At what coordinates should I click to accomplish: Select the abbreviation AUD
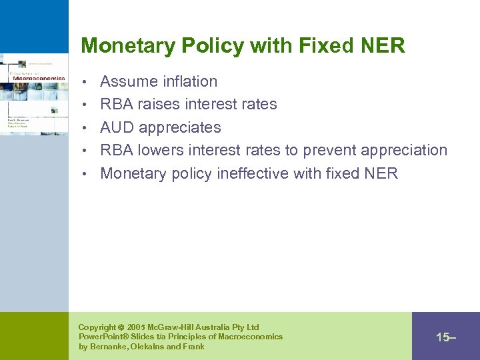pyautogui.click(x=117, y=127)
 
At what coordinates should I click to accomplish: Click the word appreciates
pyautogui.click(x=180, y=127)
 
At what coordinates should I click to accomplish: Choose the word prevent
pyautogui.click(x=327, y=150)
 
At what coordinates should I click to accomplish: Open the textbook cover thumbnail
pyautogui.click(x=34, y=94)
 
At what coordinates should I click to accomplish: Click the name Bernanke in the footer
pyautogui.click(x=111, y=347)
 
